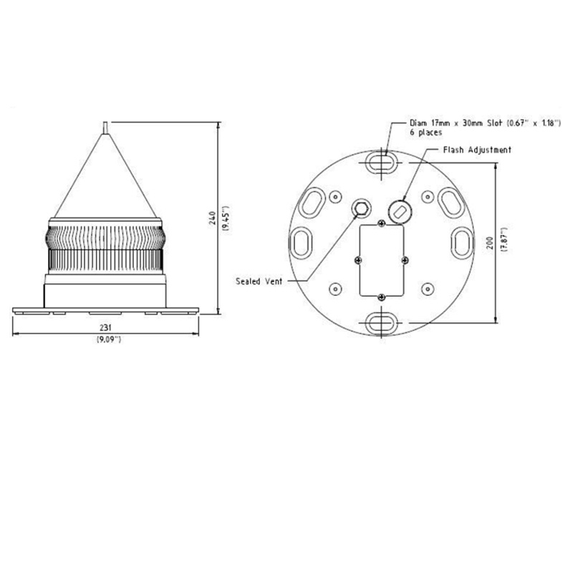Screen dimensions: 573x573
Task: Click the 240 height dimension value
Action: (x=213, y=218)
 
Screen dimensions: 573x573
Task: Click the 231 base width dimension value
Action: (x=105, y=327)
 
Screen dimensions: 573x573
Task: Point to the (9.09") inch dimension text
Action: (x=109, y=340)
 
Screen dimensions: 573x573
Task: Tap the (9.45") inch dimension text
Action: (x=226, y=218)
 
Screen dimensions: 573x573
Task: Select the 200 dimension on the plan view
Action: (x=490, y=243)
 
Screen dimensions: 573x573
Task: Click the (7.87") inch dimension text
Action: (x=505, y=239)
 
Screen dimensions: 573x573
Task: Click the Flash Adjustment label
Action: (x=477, y=150)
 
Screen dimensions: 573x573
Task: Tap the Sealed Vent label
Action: (x=259, y=281)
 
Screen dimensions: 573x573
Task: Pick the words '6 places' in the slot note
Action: (x=425, y=133)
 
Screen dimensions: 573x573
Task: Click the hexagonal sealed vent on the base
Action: (x=361, y=208)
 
